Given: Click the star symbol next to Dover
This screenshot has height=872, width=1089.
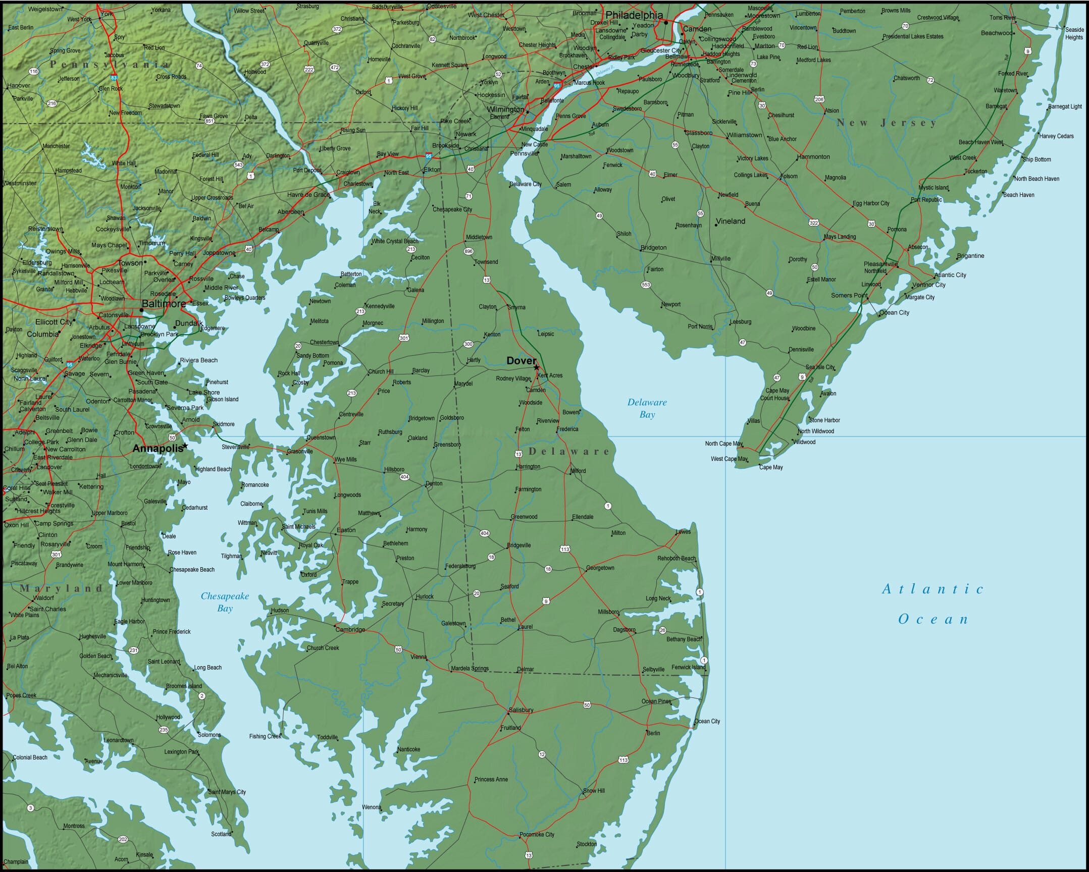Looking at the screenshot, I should pyautogui.click(x=536, y=367).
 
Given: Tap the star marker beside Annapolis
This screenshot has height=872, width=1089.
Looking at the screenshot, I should pyautogui.click(x=185, y=446).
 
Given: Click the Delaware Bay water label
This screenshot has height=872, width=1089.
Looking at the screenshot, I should pyautogui.click(x=647, y=408).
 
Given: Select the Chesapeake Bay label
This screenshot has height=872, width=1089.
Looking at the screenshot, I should pyautogui.click(x=225, y=602).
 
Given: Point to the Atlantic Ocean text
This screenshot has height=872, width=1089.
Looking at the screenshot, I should pyautogui.click(x=933, y=604).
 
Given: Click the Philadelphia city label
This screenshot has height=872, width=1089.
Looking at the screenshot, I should pyautogui.click(x=634, y=15).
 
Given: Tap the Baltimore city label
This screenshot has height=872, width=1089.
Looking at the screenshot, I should pyautogui.click(x=164, y=304).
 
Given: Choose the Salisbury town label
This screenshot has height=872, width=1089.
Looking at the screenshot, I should pyautogui.click(x=521, y=710).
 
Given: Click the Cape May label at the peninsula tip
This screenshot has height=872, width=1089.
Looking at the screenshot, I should pyautogui.click(x=771, y=467).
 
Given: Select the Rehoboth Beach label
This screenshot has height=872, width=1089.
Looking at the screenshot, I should pyautogui.click(x=677, y=559).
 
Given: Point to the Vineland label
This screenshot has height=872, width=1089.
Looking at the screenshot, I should pyautogui.click(x=731, y=221).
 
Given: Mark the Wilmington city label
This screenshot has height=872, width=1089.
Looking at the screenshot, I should pyautogui.click(x=505, y=109).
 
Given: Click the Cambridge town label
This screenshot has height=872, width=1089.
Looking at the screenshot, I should pyautogui.click(x=350, y=630).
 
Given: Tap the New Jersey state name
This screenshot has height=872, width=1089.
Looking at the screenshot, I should pyautogui.click(x=887, y=123).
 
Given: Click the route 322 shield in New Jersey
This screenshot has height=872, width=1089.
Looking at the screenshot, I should pyautogui.click(x=813, y=223).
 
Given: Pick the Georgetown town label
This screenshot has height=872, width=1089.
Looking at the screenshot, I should pyautogui.click(x=600, y=568).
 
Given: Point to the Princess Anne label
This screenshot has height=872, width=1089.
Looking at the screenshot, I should pyautogui.click(x=491, y=780).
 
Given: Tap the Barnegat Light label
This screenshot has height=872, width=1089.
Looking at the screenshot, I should pyautogui.click(x=1065, y=106).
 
